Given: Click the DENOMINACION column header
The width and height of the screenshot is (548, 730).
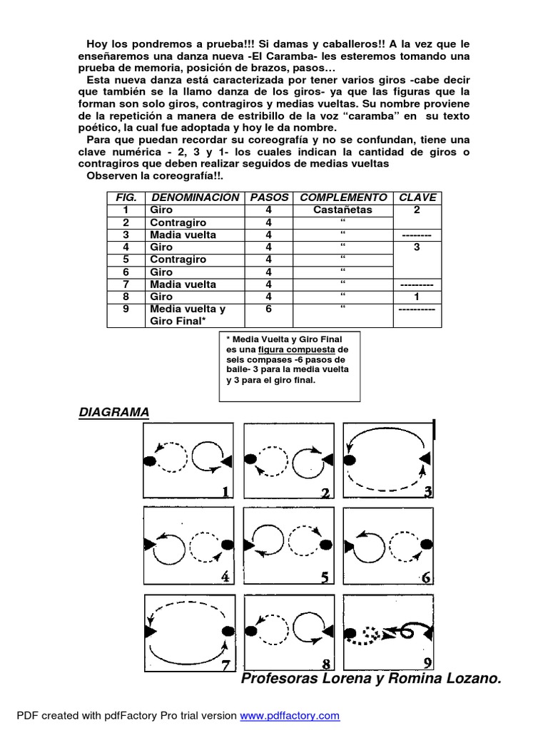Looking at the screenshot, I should click(195, 197).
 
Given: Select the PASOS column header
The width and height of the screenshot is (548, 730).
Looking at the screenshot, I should click(268, 197).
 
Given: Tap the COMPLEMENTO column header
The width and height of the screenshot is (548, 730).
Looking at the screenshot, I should click(343, 197).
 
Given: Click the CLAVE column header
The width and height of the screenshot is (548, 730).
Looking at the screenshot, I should click(418, 197).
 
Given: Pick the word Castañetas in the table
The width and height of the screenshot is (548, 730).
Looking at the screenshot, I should click(342, 210).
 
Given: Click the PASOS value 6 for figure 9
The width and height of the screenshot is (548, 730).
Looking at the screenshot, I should click(268, 309).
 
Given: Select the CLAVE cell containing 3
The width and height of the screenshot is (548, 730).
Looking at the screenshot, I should click(418, 247).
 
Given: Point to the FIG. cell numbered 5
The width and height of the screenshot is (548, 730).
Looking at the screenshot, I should click(126, 259).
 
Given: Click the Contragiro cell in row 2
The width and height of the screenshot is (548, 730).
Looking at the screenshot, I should click(178, 222).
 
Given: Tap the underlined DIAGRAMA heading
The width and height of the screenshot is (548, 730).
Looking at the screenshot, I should click(113, 412).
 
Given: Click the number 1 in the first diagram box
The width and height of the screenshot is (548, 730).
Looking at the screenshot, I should click(225, 492).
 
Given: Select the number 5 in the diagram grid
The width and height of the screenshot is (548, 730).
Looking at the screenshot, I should click(325, 577).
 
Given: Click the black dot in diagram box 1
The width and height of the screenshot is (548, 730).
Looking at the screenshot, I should click(150, 461).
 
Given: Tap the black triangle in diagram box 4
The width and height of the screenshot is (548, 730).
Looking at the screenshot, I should click(149, 545).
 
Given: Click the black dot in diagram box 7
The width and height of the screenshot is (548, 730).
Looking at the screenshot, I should click(228, 632).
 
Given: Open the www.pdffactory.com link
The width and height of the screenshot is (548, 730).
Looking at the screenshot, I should click(290, 715).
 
